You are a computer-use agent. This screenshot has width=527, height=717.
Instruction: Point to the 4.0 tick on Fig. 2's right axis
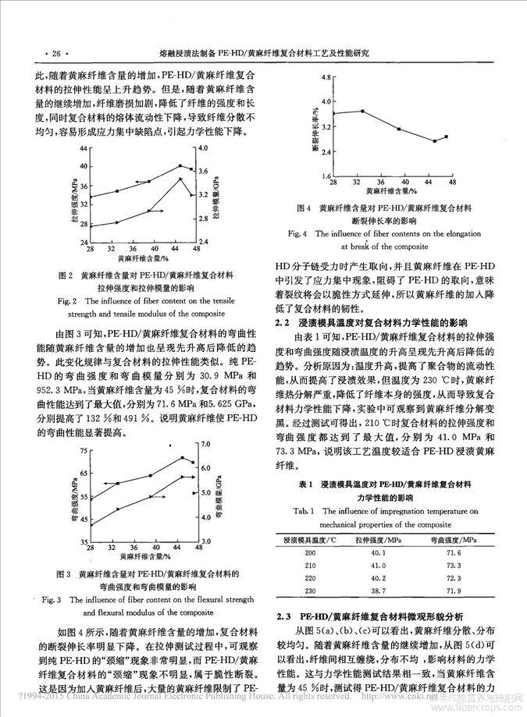point(201,147)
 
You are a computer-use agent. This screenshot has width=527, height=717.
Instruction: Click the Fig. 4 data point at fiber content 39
point(399,129)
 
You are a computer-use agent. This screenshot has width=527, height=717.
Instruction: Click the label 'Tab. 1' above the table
point(317,510)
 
